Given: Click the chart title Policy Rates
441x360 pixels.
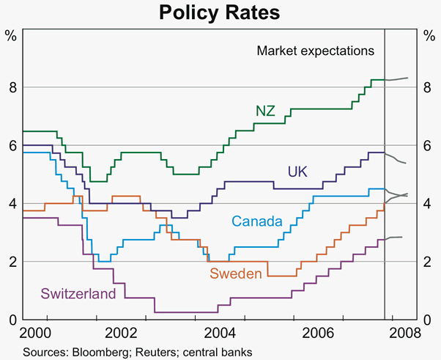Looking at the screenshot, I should coord(220,12).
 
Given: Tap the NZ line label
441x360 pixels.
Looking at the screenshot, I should coord(266,111).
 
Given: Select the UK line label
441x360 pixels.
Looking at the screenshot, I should coord(297,172).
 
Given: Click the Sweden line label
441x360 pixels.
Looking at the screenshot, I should coord(236,274).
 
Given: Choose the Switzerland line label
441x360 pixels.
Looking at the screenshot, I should coord(78,294).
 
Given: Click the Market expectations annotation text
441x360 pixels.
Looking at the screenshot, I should coord(316,51).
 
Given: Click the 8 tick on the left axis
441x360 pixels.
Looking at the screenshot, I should coord(12,87).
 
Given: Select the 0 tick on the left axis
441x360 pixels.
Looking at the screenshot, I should coord(12,320).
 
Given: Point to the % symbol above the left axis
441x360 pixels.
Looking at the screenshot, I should coord(11,34).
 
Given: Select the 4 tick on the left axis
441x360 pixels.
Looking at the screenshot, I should coord(12,204).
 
